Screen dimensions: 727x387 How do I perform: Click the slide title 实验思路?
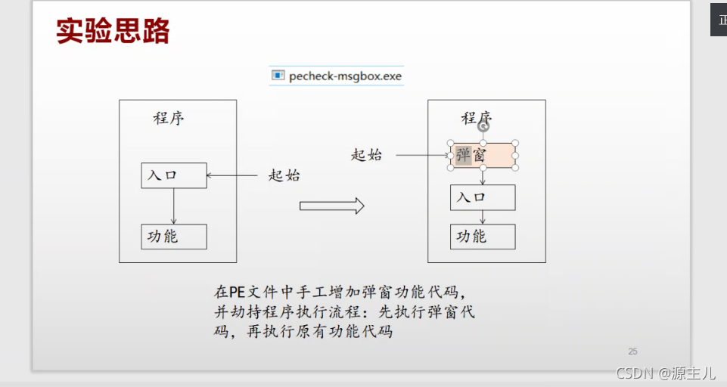coord(113,31)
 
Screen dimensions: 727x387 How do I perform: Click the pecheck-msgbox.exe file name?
coord(346,76)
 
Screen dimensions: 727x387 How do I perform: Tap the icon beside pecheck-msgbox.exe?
coord(278,76)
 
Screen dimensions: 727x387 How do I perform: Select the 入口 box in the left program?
coord(173,175)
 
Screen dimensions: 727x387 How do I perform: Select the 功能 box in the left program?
coord(173,237)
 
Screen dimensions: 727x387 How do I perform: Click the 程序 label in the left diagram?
coord(169,119)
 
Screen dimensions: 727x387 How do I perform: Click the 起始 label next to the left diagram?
coord(284,175)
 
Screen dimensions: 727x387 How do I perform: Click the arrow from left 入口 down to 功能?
coord(174,206)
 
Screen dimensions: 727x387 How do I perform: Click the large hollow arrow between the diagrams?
coord(331,206)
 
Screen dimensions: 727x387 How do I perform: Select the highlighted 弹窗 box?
coord(483,156)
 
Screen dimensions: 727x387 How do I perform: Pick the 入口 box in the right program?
coord(483,197)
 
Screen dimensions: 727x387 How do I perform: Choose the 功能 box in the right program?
coord(483,237)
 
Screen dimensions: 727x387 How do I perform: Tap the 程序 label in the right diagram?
coord(477,118)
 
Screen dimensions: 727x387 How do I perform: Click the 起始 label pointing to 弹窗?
coord(366,155)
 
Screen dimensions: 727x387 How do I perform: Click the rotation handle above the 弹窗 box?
coord(483,127)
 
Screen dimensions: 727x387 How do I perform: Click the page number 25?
coord(632,351)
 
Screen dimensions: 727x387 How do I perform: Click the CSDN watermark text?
coord(665,373)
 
